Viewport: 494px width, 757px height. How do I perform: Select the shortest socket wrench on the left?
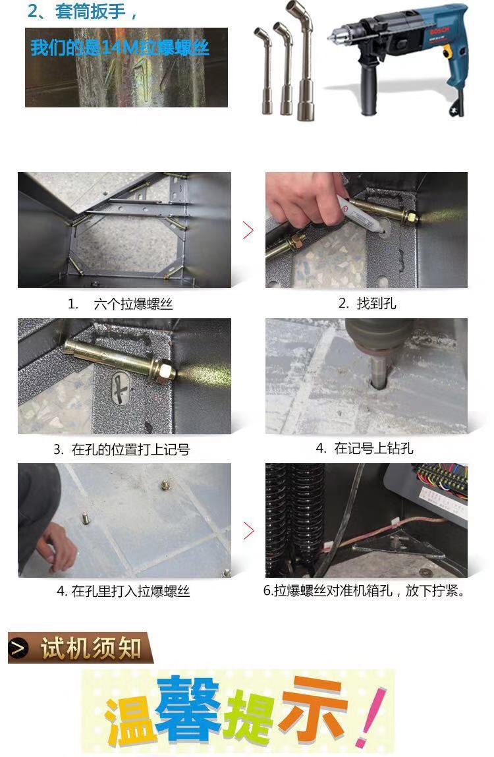[265, 72]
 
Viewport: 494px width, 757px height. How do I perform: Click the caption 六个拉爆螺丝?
[133, 304]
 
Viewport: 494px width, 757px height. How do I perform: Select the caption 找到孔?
[376, 303]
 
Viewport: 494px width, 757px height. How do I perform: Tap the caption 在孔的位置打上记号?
[130, 450]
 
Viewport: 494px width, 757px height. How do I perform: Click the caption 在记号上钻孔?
[373, 449]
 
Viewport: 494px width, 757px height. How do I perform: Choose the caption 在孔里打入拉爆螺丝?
[130, 592]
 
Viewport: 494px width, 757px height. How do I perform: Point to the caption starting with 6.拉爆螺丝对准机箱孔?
[365, 590]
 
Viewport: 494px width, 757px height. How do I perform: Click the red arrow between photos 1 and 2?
[248, 231]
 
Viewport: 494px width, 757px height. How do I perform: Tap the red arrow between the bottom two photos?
[248, 530]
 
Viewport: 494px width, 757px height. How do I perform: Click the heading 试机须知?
[91, 648]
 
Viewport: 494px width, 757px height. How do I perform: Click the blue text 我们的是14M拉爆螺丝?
[120, 48]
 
